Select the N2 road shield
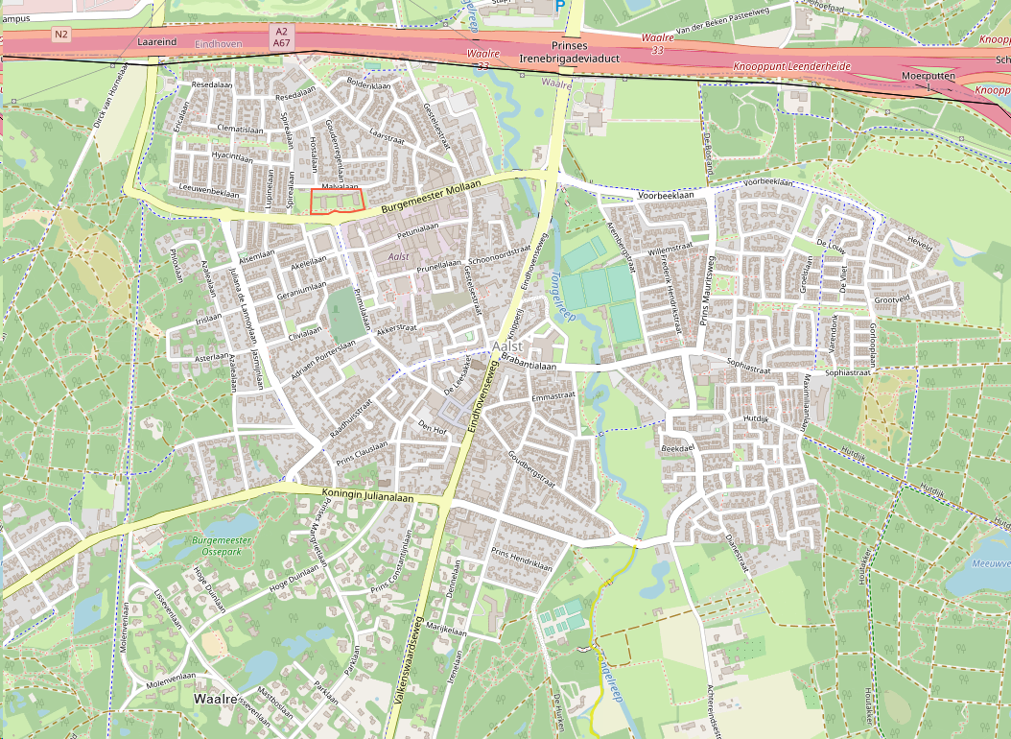click(61, 35)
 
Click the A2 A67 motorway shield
click(281, 37)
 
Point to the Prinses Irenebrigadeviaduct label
click(570, 52)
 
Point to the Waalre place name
click(215, 699)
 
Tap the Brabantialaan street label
click(529, 366)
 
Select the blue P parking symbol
click(560, 6)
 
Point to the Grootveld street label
click(892, 299)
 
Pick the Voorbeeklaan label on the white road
click(666, 195)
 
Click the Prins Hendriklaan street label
click(522, 560)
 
